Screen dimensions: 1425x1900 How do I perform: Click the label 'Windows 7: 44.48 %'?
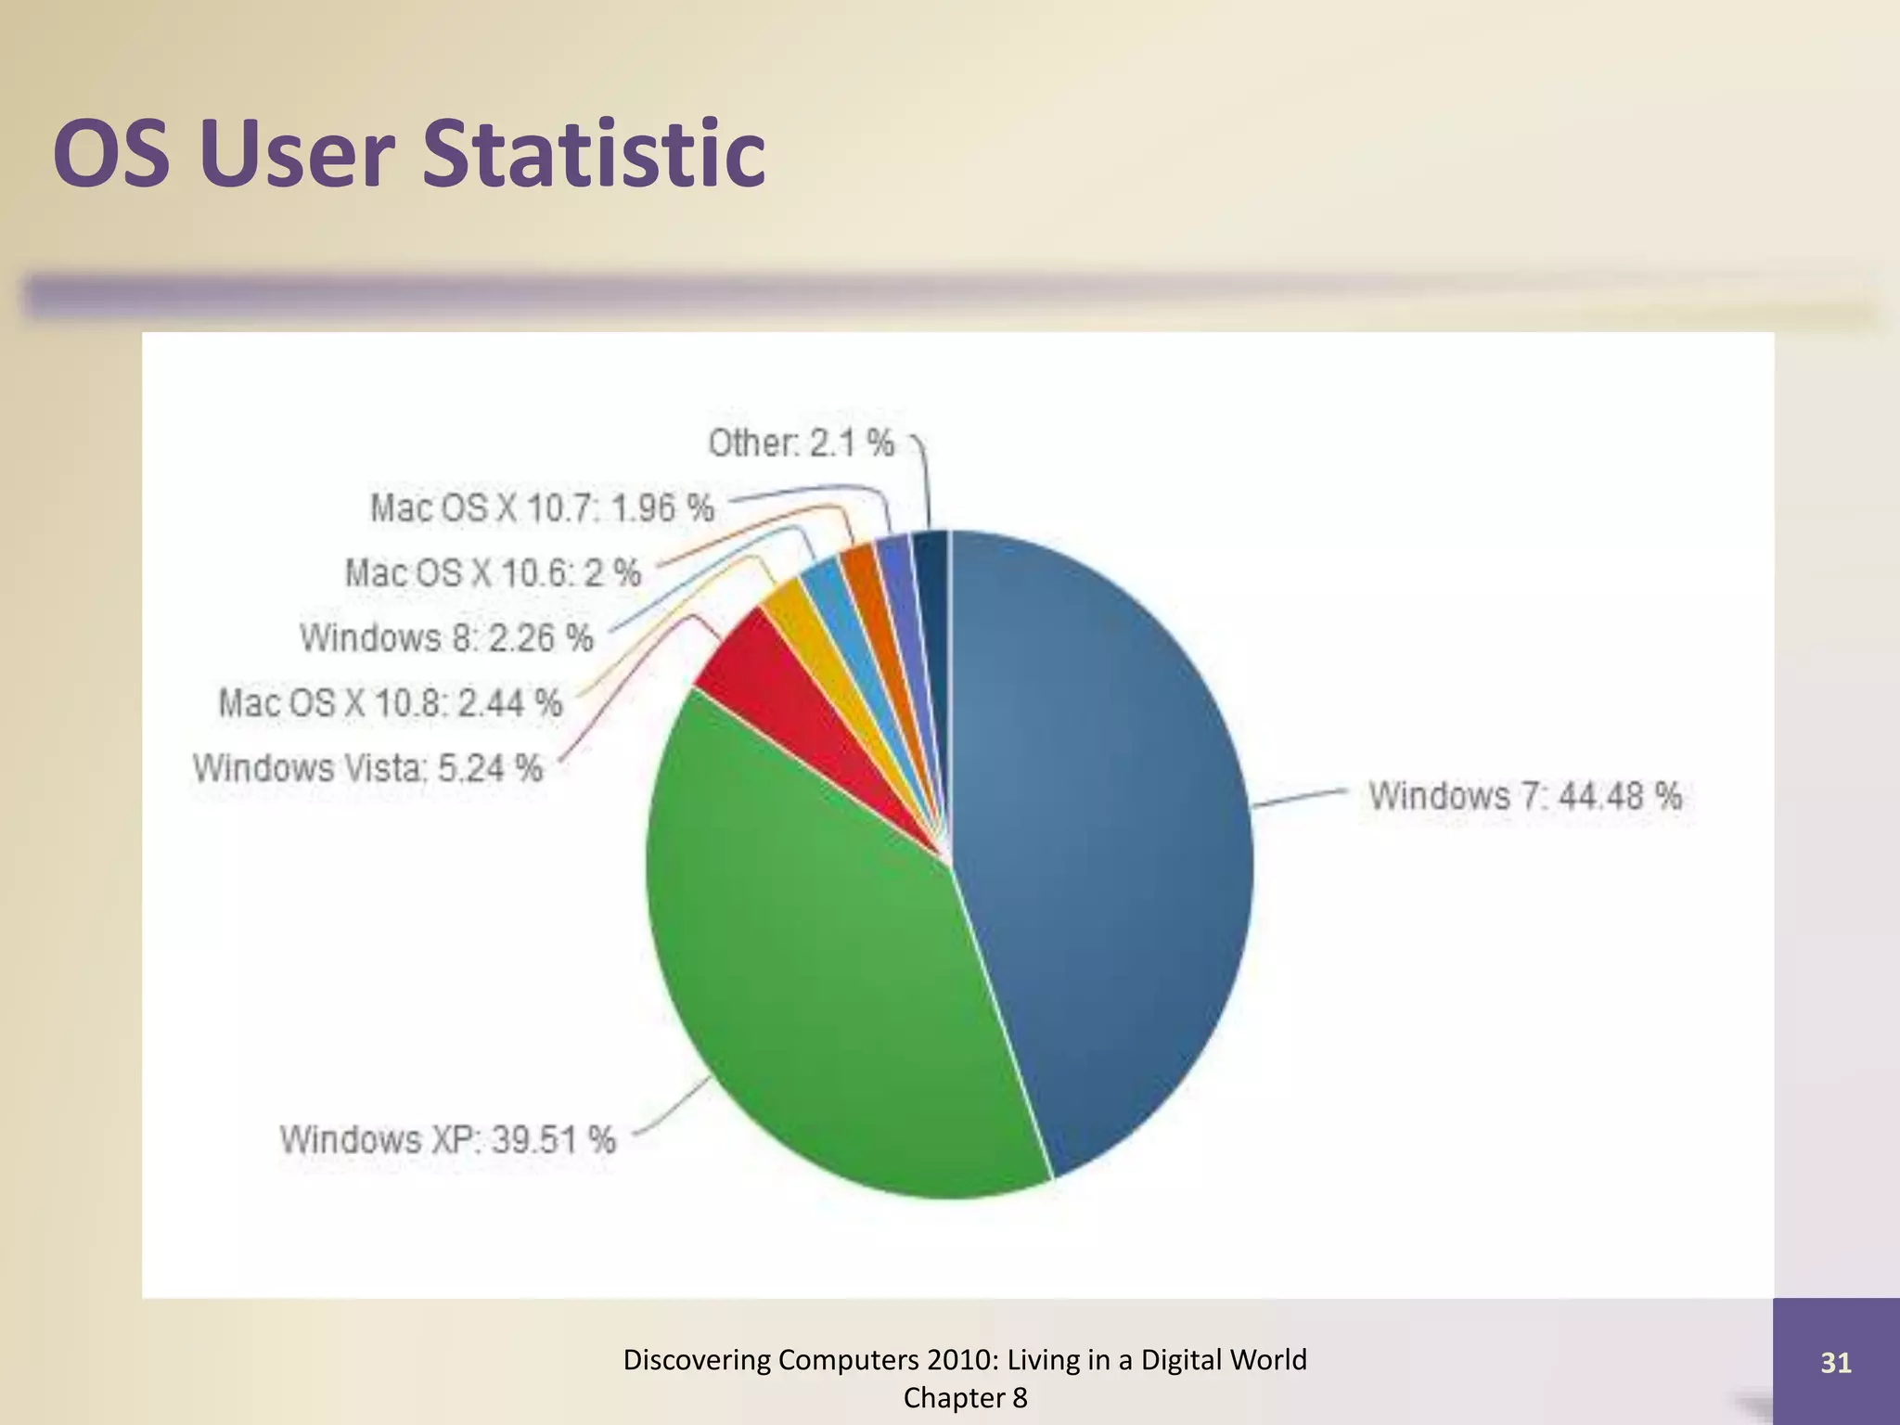click(x=1524, y=796)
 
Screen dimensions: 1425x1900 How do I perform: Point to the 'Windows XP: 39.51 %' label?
click(x=448, y=1139)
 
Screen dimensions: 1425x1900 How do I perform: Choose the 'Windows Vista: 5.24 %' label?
click(x=367, y=768)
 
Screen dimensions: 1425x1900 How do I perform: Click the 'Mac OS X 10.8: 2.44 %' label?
click(x=391, y=703)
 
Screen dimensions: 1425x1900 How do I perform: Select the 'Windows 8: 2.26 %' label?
click(x=446, y=638)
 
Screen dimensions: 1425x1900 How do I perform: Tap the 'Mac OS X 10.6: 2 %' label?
click(x=493, y=573)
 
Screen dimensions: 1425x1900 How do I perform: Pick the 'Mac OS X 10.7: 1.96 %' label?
click(x=542, y=508)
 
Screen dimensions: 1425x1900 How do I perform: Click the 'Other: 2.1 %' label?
click(x=802, y=443)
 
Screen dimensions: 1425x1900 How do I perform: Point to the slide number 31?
click(x=1836, y=1363)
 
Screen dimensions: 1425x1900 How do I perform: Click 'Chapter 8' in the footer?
click(x=965, y=1398)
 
